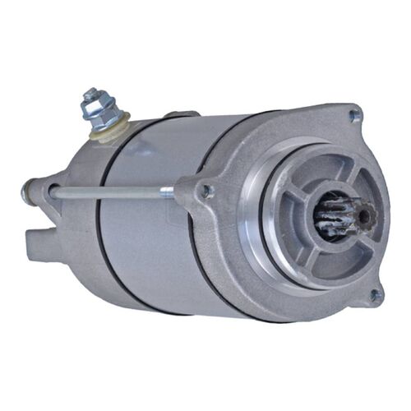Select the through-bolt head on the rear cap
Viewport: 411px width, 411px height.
pos(26,194)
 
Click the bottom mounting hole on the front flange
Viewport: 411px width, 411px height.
pos(375,294)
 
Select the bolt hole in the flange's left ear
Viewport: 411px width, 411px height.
pos(205,191)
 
